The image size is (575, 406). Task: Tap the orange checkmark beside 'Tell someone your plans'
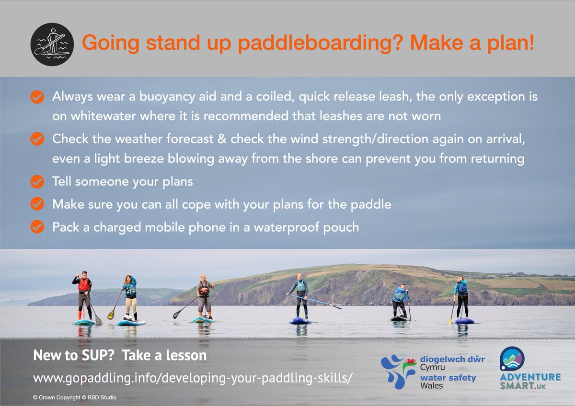(36, 182)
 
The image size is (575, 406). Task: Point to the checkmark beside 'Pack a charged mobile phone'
(36, 226)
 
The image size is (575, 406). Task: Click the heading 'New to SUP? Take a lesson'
(120, 356)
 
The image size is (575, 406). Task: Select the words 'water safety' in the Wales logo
(448, 378)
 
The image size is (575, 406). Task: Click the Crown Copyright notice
(74, 397)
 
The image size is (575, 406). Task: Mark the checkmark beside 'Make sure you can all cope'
(36, 204)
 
